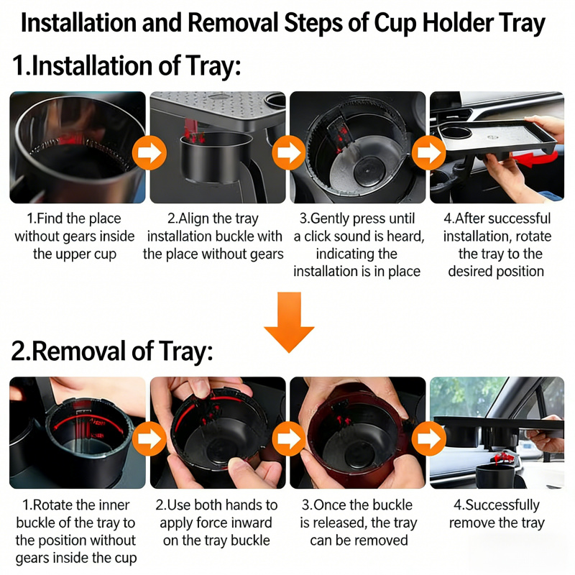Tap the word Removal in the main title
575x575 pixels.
(x=233, y=23)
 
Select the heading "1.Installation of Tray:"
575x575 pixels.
(x=127, y=66)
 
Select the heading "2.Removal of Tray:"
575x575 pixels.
(x=112, y=351)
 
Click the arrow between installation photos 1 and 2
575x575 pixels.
(x=149, y=152)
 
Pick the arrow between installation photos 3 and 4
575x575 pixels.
(x=428, y=152)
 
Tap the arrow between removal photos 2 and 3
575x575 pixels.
(x=289, y=438)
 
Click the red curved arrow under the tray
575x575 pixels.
(x=535, y=158)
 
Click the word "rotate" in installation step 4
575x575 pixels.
(x=533, y=236)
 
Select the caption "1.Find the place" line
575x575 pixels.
(x=74, y=218)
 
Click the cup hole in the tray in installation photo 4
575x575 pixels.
(x=456, y=132)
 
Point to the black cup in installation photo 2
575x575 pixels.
(x=216, y=157)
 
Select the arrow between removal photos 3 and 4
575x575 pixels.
(x=428, y=438)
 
